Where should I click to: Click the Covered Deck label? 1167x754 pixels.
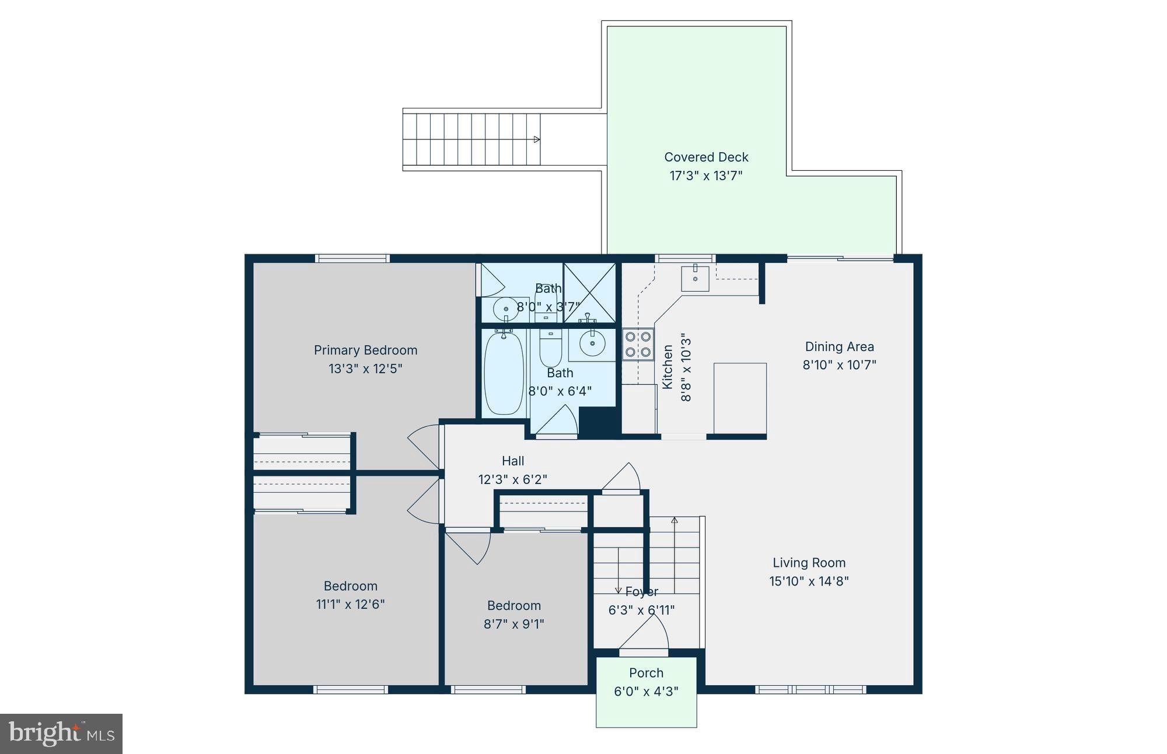click(706, 157)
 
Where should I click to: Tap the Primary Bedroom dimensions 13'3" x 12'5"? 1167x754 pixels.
click(365, 369)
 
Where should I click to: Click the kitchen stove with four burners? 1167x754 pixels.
click(638, 345)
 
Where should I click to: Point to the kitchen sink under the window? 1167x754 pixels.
click(695, 279)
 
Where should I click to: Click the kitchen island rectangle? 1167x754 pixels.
click(740, 398)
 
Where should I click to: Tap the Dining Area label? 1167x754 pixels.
click(839, 347)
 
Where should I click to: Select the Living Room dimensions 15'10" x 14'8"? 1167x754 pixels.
click(809, 581)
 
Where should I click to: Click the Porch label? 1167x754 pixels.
click(646, 673)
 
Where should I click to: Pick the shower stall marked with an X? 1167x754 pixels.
click(589, 292)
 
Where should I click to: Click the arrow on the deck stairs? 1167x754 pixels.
click(536, 139)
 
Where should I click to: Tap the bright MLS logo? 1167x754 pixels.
click(61, 734)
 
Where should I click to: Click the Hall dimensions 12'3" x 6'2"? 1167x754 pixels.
click(512, 479)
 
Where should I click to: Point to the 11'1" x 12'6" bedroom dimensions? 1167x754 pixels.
click(350, 604)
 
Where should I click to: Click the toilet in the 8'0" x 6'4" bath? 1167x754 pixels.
click(550, 348)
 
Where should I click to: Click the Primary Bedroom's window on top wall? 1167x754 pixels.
click(352, 258)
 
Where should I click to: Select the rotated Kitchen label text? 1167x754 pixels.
click(668, 367)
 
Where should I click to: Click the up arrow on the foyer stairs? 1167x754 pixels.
click(675, 520)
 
